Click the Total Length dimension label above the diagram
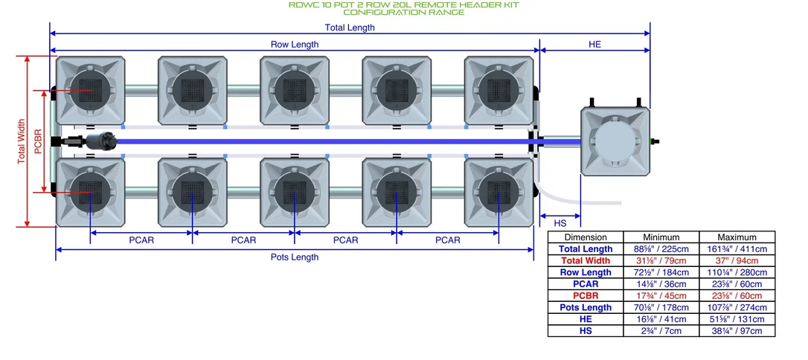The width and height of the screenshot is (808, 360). (x=350, y=28)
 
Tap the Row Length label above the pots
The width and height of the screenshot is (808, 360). (x=295, y=45)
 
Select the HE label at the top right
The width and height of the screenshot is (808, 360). (x=594, y=45)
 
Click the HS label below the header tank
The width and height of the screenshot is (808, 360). (x=559, y=223)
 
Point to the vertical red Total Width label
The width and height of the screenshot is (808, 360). (x=21, y=141)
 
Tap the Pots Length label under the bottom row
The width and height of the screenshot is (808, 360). (x=295, y=257)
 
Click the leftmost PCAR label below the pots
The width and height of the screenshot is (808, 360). (x=141, y=240)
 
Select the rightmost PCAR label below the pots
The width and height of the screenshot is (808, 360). (x=448, y=240)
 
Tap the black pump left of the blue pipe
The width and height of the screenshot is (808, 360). (x=100, y=141)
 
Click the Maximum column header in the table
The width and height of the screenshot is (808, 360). (x=737, y=237)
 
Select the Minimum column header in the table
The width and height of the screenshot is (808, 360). (x=661, y=237)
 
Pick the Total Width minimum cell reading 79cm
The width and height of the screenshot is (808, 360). (x=661, y=260)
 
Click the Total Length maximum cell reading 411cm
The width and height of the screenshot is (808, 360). (x=737, y=248)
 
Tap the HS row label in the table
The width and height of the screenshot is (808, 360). (x=586, y=331)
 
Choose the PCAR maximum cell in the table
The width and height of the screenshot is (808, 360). (x=737, y=284)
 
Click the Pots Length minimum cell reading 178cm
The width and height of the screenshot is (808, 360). (x=661, y=307)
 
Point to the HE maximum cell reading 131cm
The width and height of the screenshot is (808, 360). (x=737, y=319)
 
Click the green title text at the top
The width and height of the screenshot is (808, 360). (x=403, y=8)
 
